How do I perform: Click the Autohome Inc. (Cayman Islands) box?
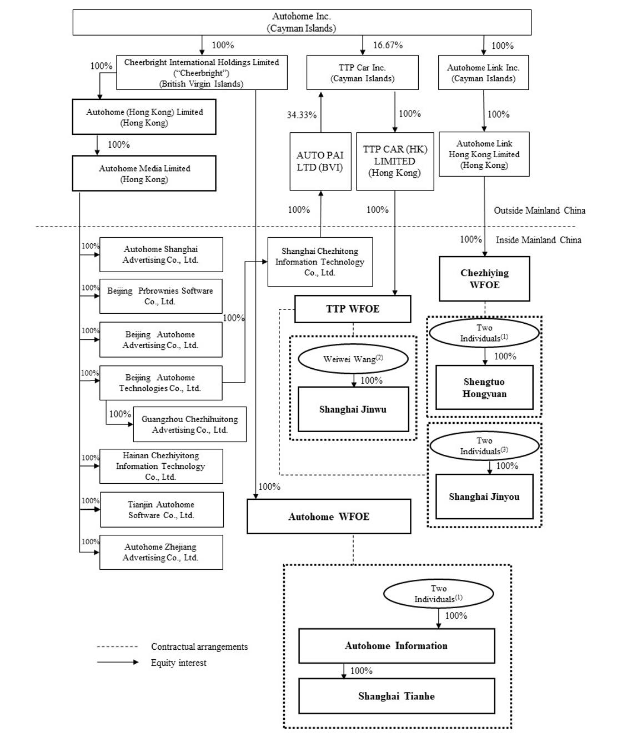(302, 22)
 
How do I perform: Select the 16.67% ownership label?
(388, 45)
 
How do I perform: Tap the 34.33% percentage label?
(302, 115)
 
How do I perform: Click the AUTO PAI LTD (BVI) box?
(320, 161)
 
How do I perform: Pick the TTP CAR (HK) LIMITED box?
(395, 161)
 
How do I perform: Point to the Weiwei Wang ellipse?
(353, 359)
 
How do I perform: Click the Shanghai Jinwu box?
(353, 409)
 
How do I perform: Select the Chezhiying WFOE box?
(484, 279)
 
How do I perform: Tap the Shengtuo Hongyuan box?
(484, 387)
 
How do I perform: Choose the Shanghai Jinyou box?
(484, 497)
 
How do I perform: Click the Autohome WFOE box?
(329, 517)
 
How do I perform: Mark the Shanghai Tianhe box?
(397, 696)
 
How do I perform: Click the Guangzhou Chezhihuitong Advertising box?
(190, 424)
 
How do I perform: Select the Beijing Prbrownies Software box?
(161, 296)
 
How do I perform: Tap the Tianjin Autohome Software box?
(162, 510)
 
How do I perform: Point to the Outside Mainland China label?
(540, 210)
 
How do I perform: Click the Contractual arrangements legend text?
(199, 646)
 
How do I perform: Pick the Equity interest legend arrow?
(118, 662)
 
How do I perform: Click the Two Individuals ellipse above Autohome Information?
(439, 594)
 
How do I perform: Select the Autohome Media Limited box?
(144, 173)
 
